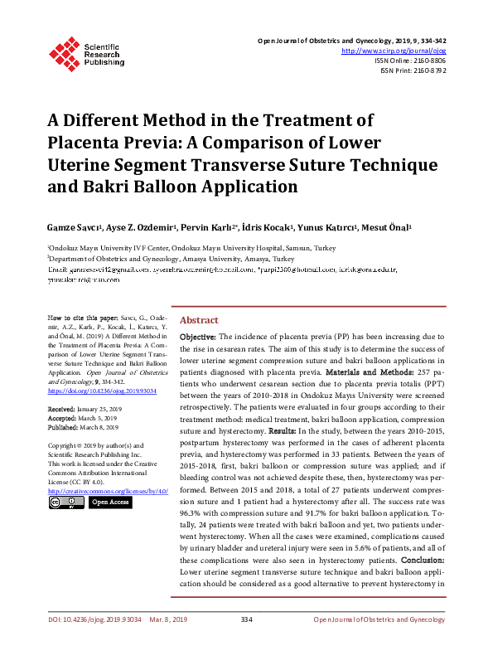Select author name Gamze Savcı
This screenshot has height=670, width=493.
pyautogui.click(x=73, y=227)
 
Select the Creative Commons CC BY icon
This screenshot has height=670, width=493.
pyautogui.click(x=65, y=502)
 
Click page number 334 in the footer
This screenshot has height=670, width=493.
pyautogui.click(x=246, y=643)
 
